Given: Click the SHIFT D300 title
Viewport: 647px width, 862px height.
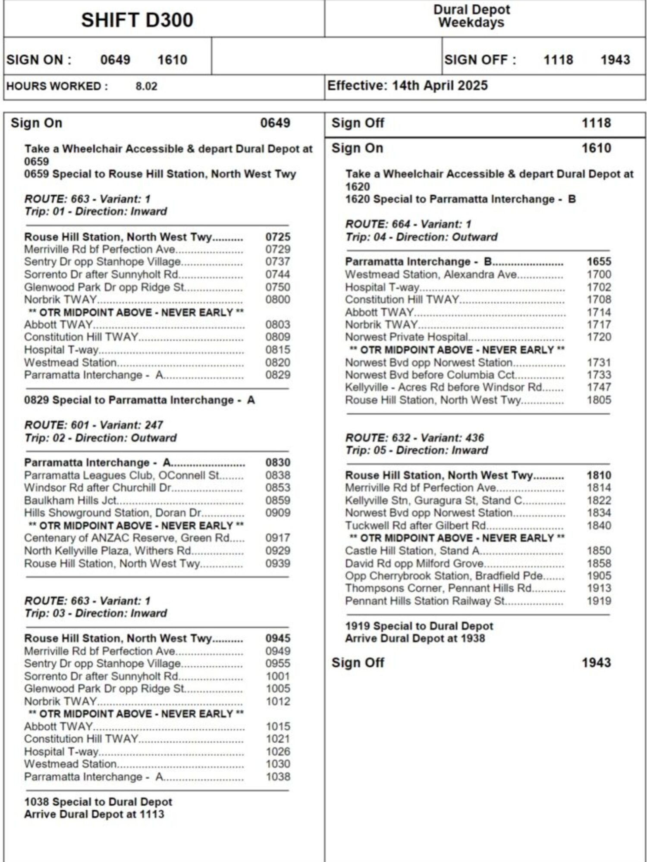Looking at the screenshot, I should point(137,20).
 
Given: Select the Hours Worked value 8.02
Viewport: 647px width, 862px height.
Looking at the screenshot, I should point(146,86).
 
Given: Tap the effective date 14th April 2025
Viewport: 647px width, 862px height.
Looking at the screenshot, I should point(440,85).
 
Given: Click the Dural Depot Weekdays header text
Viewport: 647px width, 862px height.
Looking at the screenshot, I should point(471,16).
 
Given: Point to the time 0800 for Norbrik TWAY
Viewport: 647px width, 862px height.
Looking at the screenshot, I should point(278,300).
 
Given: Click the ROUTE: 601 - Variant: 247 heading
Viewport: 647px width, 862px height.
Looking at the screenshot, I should point(94,425).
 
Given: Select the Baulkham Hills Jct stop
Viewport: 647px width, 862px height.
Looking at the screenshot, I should point(71,500).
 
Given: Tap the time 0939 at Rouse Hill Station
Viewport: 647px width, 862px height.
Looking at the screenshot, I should point(278,563).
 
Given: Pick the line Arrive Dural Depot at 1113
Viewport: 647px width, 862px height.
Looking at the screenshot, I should point(94,814).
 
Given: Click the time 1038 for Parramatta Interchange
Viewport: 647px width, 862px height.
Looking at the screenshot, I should point(278,777).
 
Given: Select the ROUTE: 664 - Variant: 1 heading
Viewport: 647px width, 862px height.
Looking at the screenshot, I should point(408,224).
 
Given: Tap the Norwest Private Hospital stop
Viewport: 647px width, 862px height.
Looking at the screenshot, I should point(407,337).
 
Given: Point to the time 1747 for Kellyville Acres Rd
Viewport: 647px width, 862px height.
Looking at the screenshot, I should point(599,387).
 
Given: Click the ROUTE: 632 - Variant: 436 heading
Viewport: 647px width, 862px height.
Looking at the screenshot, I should point(415,438).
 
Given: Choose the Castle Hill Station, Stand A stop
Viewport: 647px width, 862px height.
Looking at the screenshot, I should point(412,551).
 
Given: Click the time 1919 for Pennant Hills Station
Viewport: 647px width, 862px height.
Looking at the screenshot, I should point(599,601).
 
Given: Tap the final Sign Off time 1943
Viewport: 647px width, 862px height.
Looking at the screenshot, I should point(596,662).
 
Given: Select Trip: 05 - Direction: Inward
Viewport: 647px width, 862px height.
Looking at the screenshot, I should point(417,450).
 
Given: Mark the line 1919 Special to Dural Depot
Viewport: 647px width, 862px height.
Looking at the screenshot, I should point(419,626).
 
